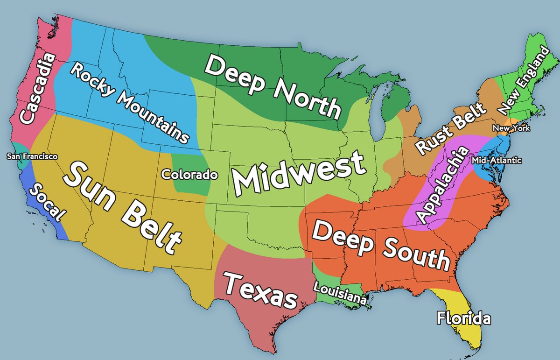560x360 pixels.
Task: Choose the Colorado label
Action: [x=189, y=175]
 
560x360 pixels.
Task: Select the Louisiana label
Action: [x=340, y=294]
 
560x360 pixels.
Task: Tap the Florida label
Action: [x=463, y=319]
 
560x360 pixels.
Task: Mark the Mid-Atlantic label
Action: [x=497, y=161]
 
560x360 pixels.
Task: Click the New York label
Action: [x=511, y=128]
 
